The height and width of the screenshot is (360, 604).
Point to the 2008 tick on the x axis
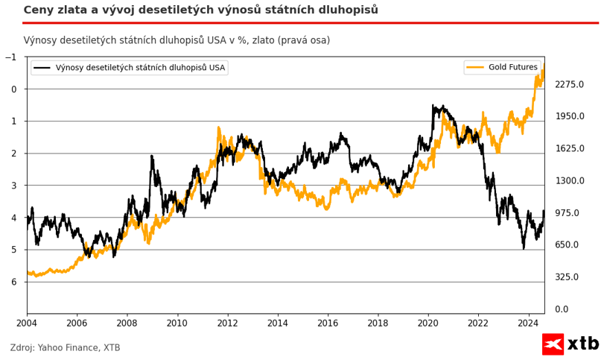[127, 323]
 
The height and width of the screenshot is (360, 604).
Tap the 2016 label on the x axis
[328, 323]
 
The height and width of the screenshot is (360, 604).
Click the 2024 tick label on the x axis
[528, 323]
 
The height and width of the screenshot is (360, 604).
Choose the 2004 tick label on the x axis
[27, 323]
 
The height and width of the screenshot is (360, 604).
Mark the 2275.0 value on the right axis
[570, 84]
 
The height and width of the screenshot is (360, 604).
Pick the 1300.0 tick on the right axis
[570, 180]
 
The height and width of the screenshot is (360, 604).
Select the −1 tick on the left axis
[10, 57]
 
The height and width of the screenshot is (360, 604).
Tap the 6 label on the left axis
[13, 282]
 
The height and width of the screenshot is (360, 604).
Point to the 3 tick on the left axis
[13, 186]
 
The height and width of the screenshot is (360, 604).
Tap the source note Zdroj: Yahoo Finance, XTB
[66, 347]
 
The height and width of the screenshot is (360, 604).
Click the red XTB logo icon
[552, 344]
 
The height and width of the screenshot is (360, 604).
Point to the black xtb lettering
[583, 344]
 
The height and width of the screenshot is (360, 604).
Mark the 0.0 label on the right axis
[562, 309]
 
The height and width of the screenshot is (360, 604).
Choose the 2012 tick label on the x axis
[227, 323]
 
